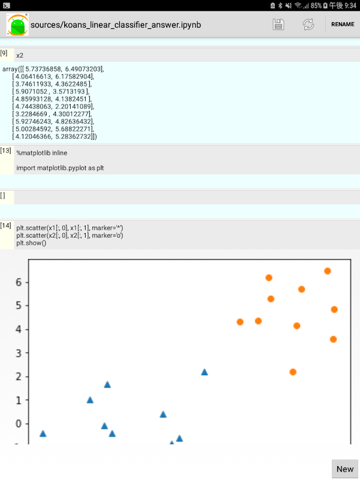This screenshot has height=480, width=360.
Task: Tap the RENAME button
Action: (343, 25)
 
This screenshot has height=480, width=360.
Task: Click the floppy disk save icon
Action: (278, 25)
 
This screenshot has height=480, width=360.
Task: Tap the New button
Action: (345, 469)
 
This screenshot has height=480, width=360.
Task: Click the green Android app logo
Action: (17, 25)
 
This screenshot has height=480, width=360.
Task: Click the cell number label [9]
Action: (4, 53)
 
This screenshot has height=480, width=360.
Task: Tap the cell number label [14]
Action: (6, 226)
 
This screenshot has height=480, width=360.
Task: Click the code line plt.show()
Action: (31, 242)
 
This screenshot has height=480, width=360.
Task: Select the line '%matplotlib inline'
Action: (42, 153)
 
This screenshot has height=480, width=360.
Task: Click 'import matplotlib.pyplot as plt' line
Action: (60, 168)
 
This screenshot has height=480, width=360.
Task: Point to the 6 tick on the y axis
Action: (18, 282)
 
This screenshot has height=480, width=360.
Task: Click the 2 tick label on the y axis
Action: (18, 376)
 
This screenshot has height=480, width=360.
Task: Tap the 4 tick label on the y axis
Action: (18, 329)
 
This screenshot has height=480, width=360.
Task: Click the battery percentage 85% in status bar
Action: (316, 5)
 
